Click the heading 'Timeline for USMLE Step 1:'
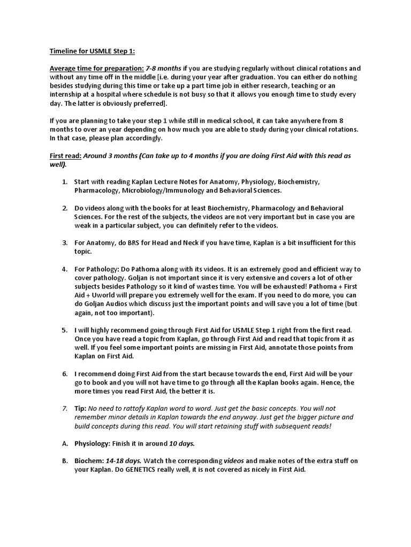tap(93, 51)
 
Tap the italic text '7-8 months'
tap(164, 68)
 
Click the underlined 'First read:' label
tap(65, 155)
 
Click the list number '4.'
tap(65, 269)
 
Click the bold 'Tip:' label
tap(80, 408)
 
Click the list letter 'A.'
tap(65, 443)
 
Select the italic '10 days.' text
tap(182, 443)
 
